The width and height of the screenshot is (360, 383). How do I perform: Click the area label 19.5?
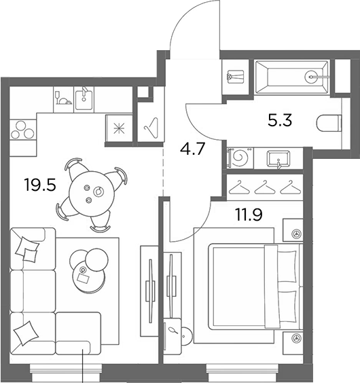click(x=40, y=185)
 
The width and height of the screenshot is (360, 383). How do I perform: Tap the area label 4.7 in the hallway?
click(x=192, y=149)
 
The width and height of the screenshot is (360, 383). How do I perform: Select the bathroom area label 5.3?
click(x=280, y=120)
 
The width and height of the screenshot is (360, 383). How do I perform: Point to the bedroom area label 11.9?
click(x=249, y=215)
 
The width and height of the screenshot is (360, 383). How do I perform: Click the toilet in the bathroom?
click(x=329, y=123)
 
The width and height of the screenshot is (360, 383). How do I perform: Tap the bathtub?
click(x=291, y=77)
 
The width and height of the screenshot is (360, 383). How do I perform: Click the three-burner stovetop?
click(x=22, y=130)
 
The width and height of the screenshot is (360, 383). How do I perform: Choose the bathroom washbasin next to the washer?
click(x=278, y=159)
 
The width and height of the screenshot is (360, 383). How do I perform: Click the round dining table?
click(x=92, y=194)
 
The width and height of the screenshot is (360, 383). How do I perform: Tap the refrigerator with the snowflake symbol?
click(x=120, y=128)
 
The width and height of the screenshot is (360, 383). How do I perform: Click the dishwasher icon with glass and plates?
click(x=64, y=99)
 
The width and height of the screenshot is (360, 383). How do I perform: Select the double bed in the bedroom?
click(x=255, y=287)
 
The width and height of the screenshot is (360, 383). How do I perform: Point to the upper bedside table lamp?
click(x=297, y=234)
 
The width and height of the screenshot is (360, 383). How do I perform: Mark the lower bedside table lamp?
click(x=297, y=338)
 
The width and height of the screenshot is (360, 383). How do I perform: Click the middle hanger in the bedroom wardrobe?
click(x=265, y=187)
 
